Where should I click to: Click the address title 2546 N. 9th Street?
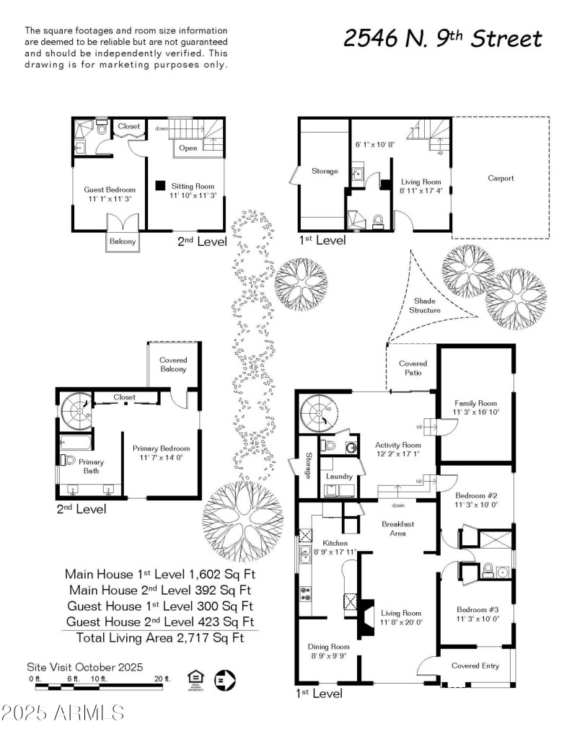pyautogui.click(x=442, y=38)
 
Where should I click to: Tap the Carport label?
pyautogui.click(x=501, y=178)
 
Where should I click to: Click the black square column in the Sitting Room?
pyautogui.click(x=159, y=185)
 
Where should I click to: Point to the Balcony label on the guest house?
pyautogui.click(x=122, y=242)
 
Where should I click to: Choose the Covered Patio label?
pyautogui.click(x=413, y=368)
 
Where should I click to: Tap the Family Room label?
pyautogui.click(x=476, y=407)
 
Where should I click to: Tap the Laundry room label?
pyautogui.click(x=338, y=477)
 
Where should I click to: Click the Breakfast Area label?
pyautogui.click(x=397, y=529)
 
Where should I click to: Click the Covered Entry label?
pyautogui.click(x=475, y=666)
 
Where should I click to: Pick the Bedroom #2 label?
pyautogui.click(x=476, y=496)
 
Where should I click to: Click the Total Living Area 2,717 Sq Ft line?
pyautogui.click(x=153, y=637)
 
